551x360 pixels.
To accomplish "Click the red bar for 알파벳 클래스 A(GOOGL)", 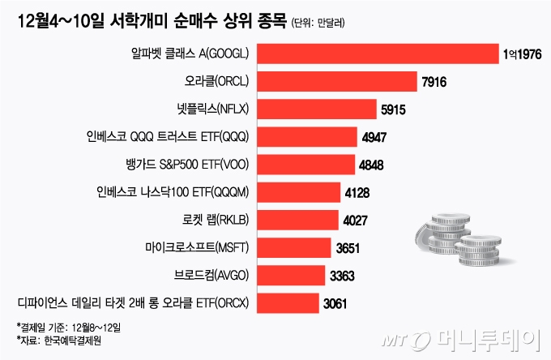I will tap(377, 54).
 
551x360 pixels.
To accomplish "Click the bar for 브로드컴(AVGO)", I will tap(291, 275).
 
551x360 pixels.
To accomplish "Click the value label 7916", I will tap(435, 82).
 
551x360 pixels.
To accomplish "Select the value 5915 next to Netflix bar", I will tap(395, 109).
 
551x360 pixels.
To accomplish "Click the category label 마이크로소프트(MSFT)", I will tap(193, 247).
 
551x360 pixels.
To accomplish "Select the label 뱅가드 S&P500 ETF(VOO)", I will tap(187, 165).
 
